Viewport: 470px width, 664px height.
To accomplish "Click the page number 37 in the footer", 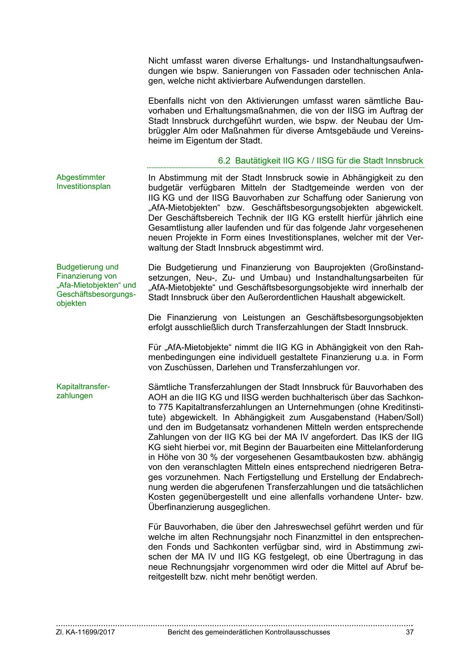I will pyautogui.click(x=409, y=632).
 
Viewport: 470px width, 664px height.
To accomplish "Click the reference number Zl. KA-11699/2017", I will pyautogui.click(x=86, y=632).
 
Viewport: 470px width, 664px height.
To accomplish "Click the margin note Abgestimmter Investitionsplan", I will pyautogui.click(x=83, y=182).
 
